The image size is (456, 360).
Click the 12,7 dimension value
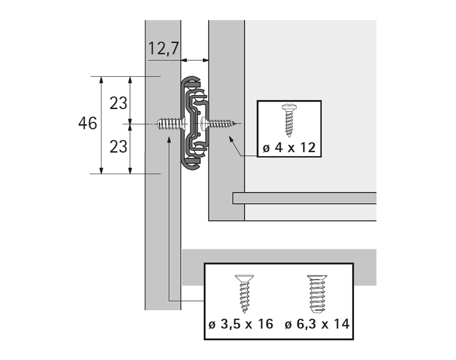point(163,49)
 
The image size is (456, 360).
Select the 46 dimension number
point(87,123)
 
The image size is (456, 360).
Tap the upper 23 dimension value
point(119,103)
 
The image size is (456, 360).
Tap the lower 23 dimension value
point(119,147)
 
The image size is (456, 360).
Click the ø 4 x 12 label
point(289,148)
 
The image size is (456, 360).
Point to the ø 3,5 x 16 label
point(241,324)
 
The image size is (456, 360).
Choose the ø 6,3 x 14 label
point(317,324)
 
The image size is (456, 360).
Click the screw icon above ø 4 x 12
point(289,120)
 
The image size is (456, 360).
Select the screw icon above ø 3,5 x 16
point(243,294)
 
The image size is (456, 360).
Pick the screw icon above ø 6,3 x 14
point(317,293)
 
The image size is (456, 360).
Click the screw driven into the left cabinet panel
point(168,124)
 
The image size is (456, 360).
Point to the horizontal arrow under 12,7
point(195,60)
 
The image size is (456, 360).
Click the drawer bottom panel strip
point(304,198)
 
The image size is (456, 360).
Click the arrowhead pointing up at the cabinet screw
point(168,138)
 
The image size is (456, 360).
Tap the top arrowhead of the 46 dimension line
point(101,80)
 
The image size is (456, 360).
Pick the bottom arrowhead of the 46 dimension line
point(101,170)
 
